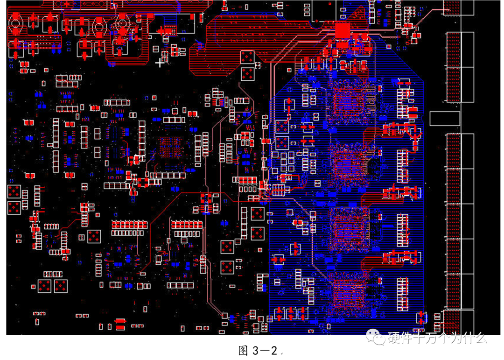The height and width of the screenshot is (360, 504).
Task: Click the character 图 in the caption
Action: (243, 351)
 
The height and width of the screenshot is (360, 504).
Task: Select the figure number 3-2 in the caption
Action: (265, 351)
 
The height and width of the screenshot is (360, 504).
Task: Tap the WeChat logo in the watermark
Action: (375, 337)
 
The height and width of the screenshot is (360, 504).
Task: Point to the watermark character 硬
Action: (394, 338)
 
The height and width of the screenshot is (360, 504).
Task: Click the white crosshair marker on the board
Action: (160, 63)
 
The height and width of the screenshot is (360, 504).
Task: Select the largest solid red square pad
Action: (343, 31)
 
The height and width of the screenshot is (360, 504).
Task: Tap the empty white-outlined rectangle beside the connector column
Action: (445, 119)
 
